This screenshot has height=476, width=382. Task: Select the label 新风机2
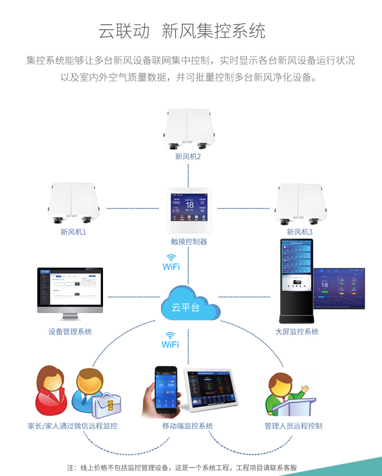(188, 156)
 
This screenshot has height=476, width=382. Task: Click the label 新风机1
(73, 232)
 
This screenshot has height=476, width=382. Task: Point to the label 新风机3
(300, 232)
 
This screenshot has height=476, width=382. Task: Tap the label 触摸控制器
(189, 241)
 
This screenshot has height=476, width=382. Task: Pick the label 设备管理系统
(70, 331)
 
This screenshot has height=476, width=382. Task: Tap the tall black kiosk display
(296, 281)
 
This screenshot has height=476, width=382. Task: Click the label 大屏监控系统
(297, 331)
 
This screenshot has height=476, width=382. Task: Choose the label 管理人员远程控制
(293, 426)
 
